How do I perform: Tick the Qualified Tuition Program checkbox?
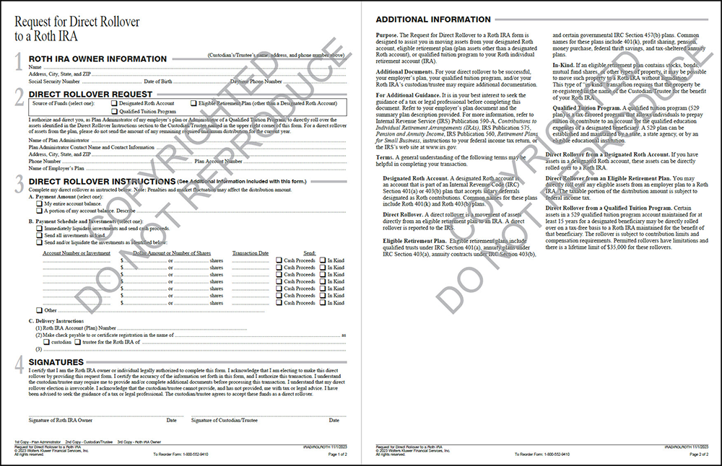click(x=114, y=112)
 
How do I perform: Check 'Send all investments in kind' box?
click(x=39, y=235)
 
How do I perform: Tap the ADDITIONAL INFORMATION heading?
click(x=433, y=19)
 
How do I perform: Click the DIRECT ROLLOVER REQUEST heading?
click(x=90, y=94)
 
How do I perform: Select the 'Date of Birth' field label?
click(x=158, y=82)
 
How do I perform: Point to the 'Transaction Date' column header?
click(x=251, y=253)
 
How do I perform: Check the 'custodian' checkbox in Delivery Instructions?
click(x=45, y=341)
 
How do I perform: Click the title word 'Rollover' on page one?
click(x=116, y=22)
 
